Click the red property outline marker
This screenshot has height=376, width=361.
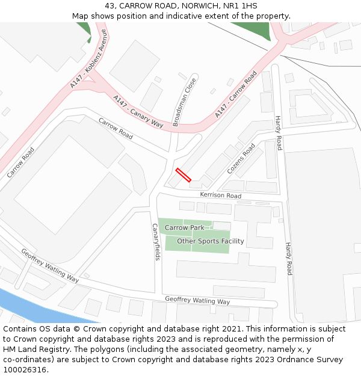[x=183, y=175]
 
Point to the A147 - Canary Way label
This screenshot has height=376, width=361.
[x=138, y=112]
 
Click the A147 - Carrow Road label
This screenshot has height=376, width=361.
[x=235, y=94]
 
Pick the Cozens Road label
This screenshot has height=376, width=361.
[x=241, y=159]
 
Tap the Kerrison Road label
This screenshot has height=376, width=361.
[x=220, y=196]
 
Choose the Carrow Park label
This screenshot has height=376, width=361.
[x=185, y=228]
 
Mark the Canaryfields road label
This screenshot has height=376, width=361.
[x=156, y=242]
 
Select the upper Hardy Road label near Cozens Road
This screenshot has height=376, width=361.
[x=278, y=133]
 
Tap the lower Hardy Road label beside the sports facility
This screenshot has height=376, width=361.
[x=289, y=259]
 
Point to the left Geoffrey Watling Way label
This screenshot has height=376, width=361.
[x=49, y=265]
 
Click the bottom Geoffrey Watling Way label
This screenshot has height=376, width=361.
[x=197, y=301]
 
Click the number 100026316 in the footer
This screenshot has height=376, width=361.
[x=23, y=369]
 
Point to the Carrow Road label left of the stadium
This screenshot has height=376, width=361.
[x=20, y=162]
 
